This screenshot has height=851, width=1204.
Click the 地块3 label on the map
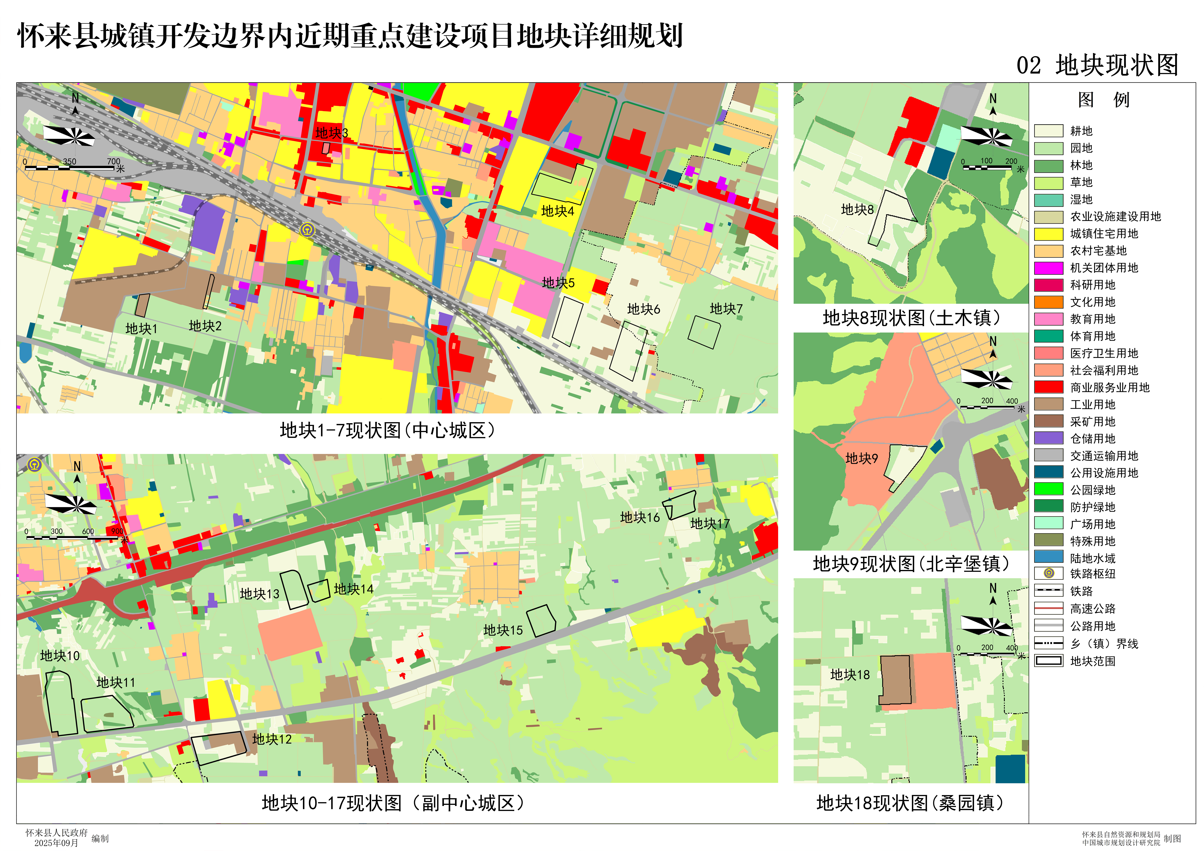[331, 133]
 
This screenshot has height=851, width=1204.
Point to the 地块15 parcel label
[503, 630]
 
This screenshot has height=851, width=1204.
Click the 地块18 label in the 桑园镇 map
[850, 675]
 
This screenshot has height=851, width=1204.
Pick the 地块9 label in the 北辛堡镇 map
[862, 458]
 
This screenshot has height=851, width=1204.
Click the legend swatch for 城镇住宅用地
[1048, 234]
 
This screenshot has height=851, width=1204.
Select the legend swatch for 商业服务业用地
[1048, 387]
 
